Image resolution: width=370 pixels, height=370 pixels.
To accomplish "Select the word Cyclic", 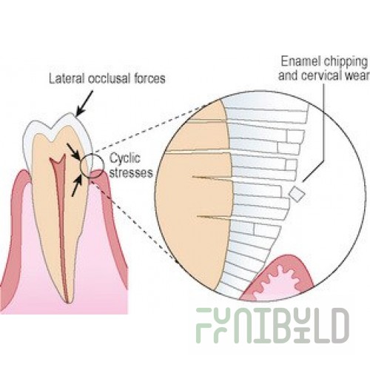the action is click(x=125, y=158).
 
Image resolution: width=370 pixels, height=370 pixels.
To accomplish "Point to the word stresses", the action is click(x=131, y=172).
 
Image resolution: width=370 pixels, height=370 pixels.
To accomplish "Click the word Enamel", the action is click(x=300, y=61).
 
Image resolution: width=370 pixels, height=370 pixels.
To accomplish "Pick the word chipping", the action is click(x=346, y=62).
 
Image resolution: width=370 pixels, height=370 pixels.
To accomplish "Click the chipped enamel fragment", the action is click(x=297, y=194).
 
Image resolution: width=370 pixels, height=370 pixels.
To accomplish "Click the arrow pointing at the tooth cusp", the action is click(x=84, y=104).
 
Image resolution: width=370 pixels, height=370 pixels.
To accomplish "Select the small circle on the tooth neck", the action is click(x=92, y=165).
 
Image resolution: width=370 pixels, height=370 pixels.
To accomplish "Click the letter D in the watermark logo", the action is click(x=339, y=325).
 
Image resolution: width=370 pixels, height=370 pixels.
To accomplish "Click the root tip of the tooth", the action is click(x=68, y=300).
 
